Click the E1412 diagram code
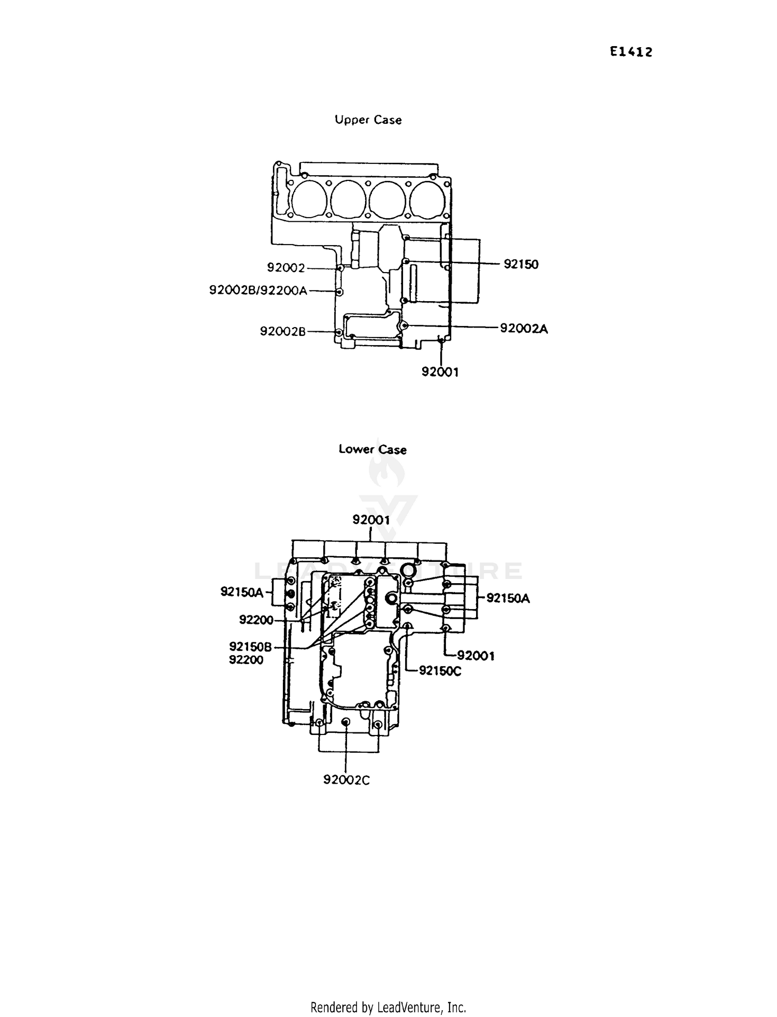pos(630,52)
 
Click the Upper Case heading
pos(368,120)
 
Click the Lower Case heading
pos(372,449)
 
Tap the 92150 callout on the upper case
pos(521,264)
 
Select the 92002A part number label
pos(523,328)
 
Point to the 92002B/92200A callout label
pos(258,290)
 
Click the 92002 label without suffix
pos(285,267)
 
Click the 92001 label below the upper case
pos(440,372)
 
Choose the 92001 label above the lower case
pos(371,519)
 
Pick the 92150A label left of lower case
pos(242,592)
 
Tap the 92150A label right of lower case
pos(508,598)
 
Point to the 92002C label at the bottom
pos(346,780)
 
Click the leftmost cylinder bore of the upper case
pos(309,198)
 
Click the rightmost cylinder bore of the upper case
pos(429,199)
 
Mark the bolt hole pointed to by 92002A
pos(405,325)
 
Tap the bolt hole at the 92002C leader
pos(346,723)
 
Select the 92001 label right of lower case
pos(476,656)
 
